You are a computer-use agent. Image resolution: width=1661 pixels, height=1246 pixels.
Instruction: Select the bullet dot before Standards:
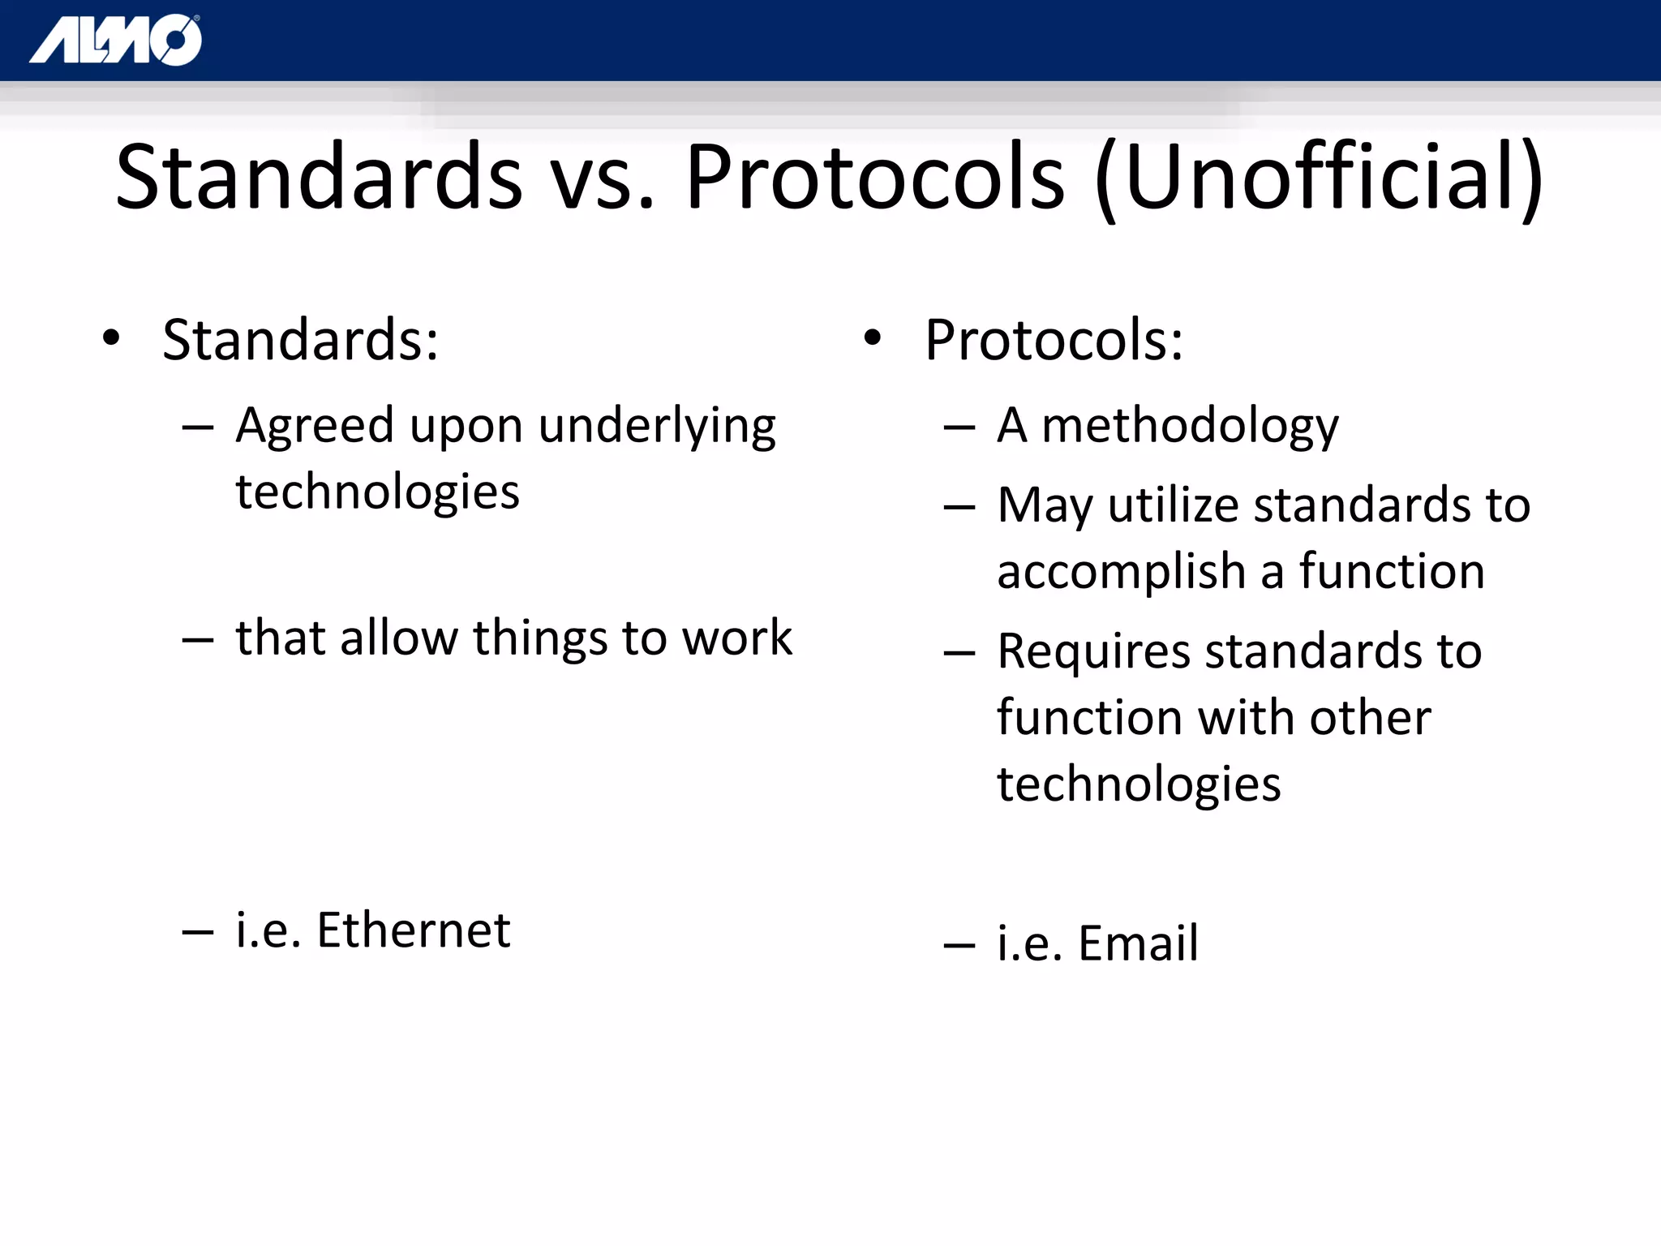click(111, 338)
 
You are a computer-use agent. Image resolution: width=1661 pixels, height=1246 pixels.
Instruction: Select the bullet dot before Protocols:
click(872, 338)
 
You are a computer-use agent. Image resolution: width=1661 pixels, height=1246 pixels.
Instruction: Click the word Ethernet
click(413, 930)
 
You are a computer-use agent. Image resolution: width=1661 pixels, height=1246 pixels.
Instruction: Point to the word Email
click(1138, 943)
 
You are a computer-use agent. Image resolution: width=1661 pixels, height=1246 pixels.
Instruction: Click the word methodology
click(1190, 427)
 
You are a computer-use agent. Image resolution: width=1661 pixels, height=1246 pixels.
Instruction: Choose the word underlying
click(657, 427)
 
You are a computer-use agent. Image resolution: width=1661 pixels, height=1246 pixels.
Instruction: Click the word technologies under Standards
click(377, 492)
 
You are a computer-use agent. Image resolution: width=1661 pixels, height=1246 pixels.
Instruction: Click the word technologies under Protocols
click(1139, 784)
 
